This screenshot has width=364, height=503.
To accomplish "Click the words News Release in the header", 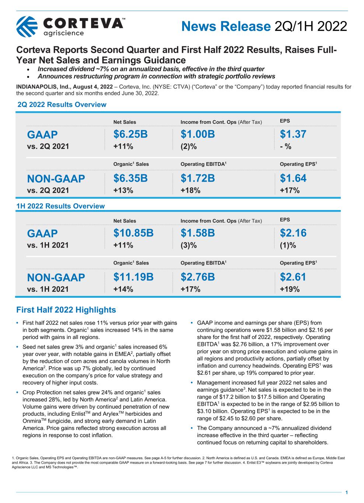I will coord(226,27).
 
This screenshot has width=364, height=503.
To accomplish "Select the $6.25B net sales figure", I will coord(131,134).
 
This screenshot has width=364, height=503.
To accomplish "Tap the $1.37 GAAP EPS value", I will coord(293,134).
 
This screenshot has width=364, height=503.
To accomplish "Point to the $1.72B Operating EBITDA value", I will coord(198,178).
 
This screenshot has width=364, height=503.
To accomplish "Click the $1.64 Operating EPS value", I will coord(293,178).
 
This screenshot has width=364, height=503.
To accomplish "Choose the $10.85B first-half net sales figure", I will coord(134,233).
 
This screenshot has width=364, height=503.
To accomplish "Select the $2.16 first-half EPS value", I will coord(293,233).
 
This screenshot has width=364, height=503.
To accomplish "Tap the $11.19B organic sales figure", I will coord(134,277).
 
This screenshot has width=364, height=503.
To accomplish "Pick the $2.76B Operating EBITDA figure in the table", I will coord(198,277).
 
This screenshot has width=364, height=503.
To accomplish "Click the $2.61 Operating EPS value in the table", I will coord(293,277).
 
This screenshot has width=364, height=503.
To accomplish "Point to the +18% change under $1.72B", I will coord(190,191).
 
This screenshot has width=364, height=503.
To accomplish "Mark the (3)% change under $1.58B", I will coord(188,245).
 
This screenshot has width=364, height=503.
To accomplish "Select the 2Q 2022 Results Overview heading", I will coord(62,105).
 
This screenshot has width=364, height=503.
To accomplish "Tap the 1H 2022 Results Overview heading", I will coord(61,206).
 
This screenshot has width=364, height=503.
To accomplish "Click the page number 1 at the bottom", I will coord(347,492).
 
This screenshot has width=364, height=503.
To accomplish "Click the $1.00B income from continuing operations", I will coord(198,134).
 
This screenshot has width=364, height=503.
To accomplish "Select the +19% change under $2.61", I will coord(290,289).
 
